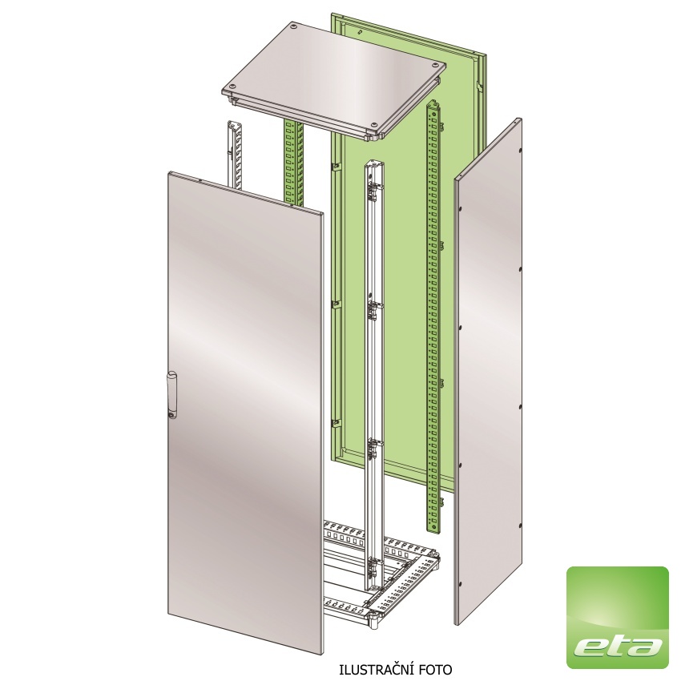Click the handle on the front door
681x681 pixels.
click(x=171, y=395)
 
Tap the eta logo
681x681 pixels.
click(x=618, y=617)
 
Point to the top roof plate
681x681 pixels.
click(x=333, y=80)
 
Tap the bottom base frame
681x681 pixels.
click(x=382, y=574)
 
